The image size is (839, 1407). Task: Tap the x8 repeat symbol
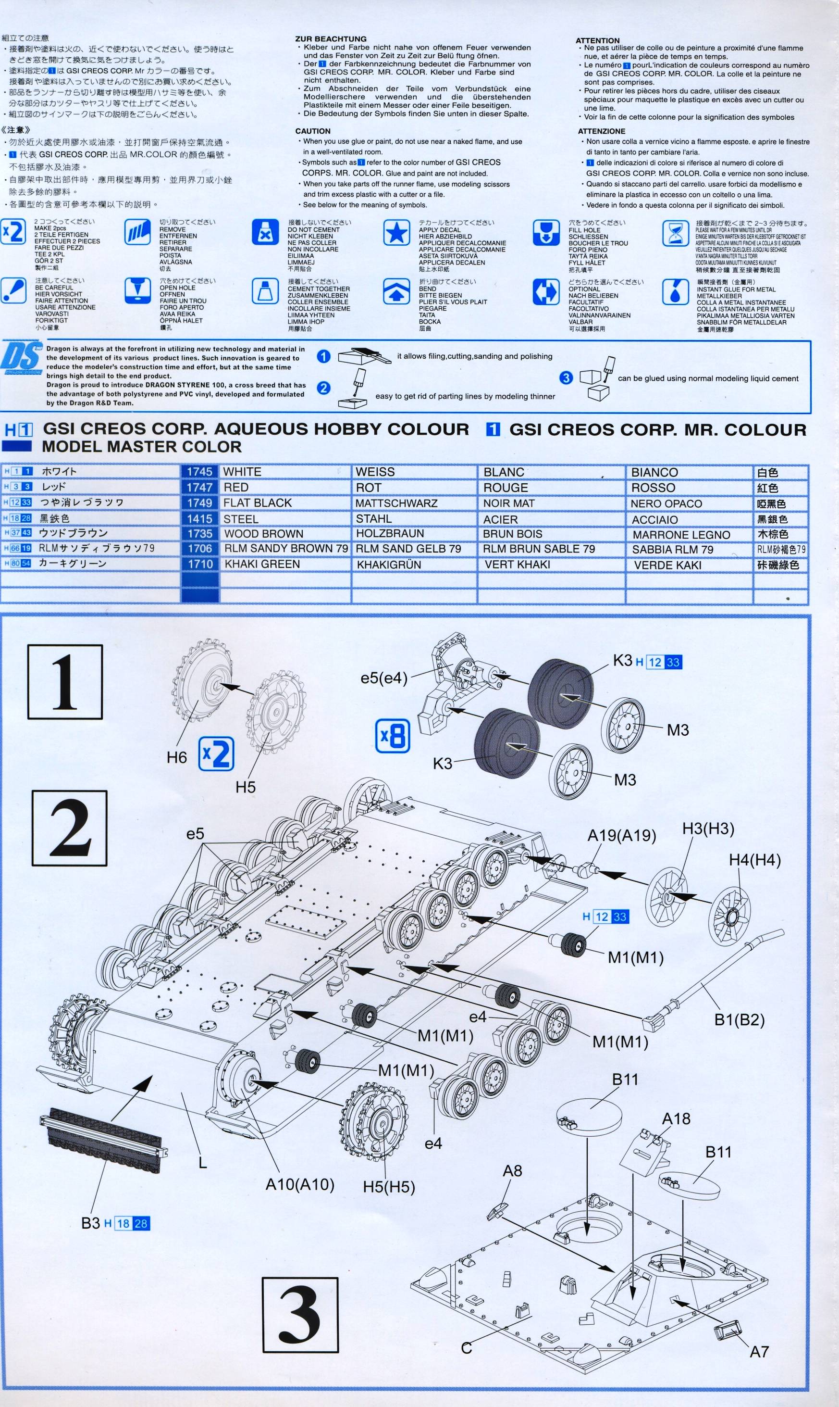point(393,736)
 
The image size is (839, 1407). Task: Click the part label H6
point(176,757)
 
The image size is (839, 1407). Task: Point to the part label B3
point(90,1223)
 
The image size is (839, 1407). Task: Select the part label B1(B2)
point(739,1019)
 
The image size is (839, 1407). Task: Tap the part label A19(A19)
point(621,836)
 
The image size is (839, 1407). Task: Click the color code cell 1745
point(199,472)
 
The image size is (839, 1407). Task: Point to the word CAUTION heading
point(313,131)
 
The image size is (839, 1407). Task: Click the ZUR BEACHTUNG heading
point(331,39)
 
